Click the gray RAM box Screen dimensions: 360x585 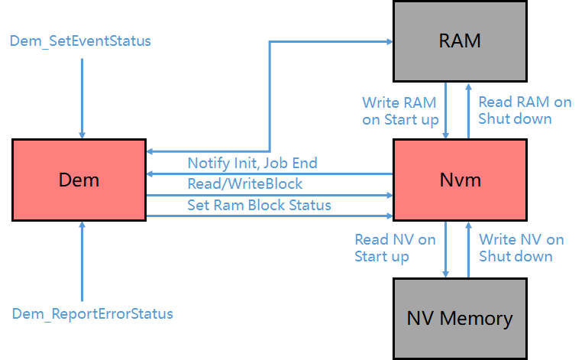(460, 41)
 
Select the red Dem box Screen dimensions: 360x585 (79, 180)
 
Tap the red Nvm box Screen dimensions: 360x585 (460, 180)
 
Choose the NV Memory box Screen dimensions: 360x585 (460, 318)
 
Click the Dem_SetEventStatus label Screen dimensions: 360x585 (80, 41)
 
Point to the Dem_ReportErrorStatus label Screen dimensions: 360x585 (92, 313)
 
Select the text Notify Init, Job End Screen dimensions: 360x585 (252, 163)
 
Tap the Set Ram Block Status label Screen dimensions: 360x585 (259, 205)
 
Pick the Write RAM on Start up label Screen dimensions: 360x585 (400, 110)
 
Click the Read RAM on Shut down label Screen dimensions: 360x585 (524, 110)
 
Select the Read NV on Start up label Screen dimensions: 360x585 (395, 248)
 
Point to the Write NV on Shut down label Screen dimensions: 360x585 (521, 248)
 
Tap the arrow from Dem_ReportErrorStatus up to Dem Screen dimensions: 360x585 (81, 260)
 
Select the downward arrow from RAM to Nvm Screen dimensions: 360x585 (447, 110)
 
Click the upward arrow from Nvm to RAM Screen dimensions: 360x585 (468, 110)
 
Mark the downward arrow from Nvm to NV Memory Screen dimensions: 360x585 (447, 248)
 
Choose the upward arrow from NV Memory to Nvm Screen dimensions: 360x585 (468, 248)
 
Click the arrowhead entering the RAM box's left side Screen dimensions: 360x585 (385, 41)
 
